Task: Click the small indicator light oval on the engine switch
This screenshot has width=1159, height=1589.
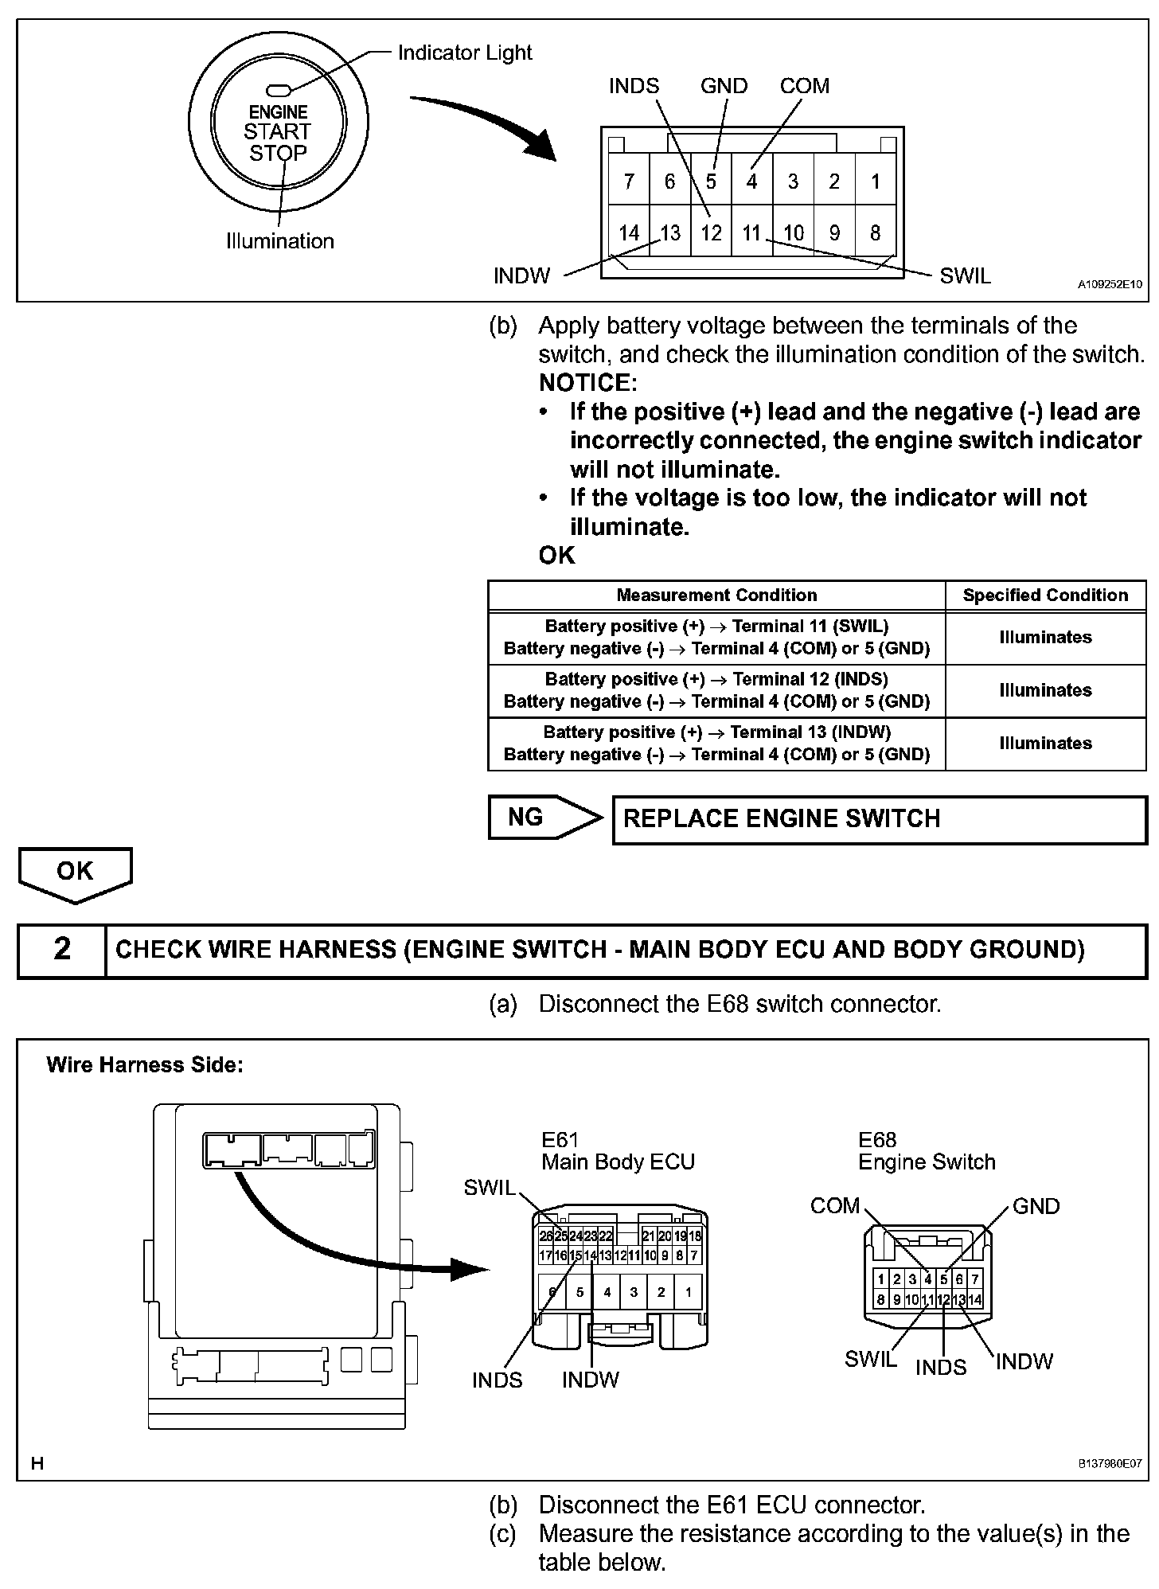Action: [279, 91]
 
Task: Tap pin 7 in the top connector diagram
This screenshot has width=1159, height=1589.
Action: [629, 182]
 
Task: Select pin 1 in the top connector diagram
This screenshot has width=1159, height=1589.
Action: [876, 182]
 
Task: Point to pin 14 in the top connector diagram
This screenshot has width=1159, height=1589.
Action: [629, 232]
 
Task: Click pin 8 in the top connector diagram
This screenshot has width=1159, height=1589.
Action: [876, 232]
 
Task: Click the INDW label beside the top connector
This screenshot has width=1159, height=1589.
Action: [521, 275]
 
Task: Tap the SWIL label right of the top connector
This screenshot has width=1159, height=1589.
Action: [965, 275]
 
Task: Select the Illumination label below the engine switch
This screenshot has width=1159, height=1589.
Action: [280, 241]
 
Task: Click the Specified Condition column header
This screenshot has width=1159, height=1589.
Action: [1045, 595]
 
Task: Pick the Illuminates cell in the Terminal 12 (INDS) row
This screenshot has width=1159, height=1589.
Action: [1045, 690]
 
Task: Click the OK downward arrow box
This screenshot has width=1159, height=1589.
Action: [75, 873]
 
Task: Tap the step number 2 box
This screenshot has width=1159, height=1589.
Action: [62, 949]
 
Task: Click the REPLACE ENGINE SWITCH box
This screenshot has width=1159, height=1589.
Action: [879, 819]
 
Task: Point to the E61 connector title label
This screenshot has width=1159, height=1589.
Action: [560, 1139]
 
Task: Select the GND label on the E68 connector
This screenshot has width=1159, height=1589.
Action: [1036, 1206]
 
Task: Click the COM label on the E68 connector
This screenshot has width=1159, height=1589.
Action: [835, 1205]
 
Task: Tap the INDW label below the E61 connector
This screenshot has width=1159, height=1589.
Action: [590, 1380]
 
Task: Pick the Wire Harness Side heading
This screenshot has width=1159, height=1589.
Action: [145, 1064]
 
